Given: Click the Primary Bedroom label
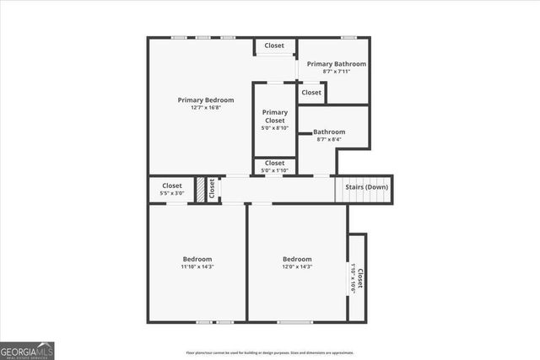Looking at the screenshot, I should pos(206,99).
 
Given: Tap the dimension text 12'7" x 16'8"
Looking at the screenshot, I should pos(206,108).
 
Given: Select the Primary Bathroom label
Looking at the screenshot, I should pos(336,64).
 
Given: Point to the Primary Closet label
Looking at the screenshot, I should pos(274,116).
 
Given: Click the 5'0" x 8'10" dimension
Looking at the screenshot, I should pos(274,128).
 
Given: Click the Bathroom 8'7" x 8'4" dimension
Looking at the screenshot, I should pos(329,139).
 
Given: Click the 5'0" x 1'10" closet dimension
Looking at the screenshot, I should pos(274,170).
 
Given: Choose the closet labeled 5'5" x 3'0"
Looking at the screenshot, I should pos(172,190).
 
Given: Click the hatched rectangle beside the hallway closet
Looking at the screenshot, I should pos(201,189).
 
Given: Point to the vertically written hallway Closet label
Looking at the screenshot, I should pos(212,189).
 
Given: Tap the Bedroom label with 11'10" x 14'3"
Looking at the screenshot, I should pos(197,259).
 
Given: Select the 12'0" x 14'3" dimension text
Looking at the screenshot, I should pos(297,266).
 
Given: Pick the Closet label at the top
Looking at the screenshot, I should pos(274,46).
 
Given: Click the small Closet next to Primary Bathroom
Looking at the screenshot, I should pos(311,93).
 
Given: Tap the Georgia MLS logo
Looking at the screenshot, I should pos(27,349).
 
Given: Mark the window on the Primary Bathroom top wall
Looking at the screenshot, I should pos(348,37).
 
